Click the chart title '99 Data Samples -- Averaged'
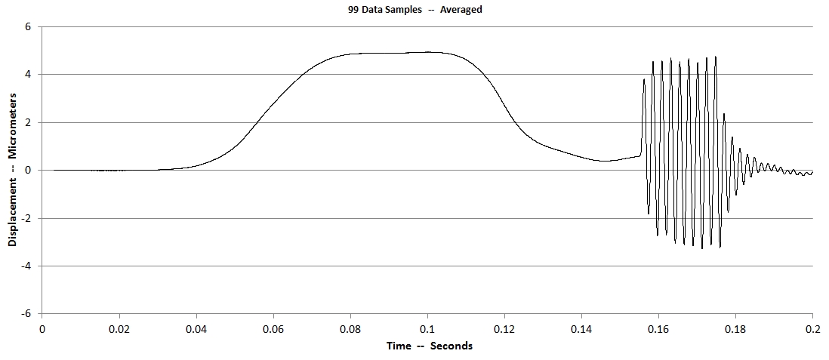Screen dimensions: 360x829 [414, 10]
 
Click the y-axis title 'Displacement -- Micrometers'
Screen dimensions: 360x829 [13, 171]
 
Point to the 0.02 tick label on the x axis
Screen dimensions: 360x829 [119, 329]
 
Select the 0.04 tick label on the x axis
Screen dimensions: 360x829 [196, 329]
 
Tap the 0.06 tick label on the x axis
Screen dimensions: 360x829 [273, 329]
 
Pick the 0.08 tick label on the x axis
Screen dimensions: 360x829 [350, 329]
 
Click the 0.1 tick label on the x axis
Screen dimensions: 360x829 [427, 329]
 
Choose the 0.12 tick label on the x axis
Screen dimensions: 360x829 [504, 329]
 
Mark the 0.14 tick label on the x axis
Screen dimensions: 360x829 [581, 329]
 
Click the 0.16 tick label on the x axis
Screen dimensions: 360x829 [658, 329]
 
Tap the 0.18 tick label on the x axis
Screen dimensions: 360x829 [735, 329]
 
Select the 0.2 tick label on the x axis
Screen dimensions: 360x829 [812, 329]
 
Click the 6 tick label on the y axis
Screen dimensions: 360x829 [28, 26]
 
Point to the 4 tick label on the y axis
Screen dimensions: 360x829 [28, 75]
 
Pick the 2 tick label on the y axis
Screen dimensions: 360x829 [28, 122]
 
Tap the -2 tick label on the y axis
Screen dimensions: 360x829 [26, 218]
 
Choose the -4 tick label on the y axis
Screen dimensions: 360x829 [26, 266]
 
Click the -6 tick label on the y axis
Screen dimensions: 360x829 [26, 314]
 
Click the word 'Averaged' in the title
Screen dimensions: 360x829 [461, 10]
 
